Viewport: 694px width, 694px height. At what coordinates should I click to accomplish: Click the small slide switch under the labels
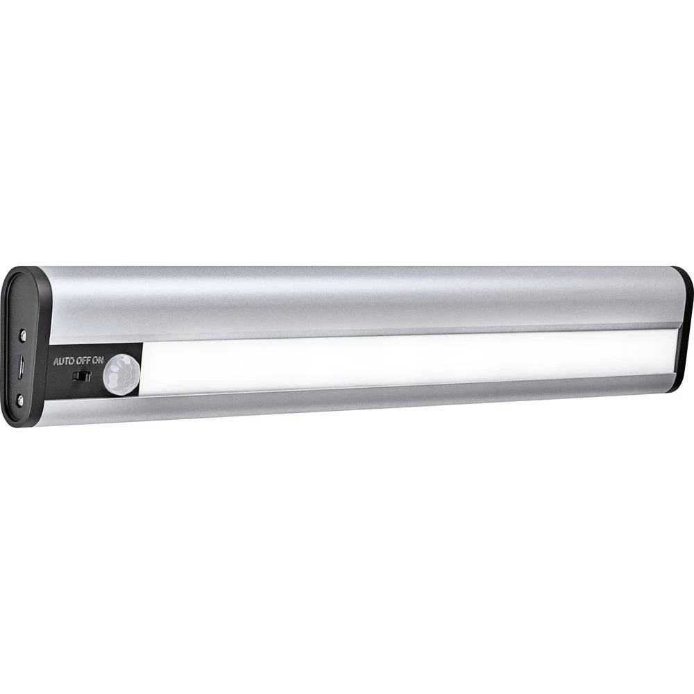83,377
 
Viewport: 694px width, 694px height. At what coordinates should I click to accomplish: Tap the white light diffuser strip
403,361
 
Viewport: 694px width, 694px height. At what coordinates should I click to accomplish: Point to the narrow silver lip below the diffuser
347,401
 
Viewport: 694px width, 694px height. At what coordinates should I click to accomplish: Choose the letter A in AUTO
57,362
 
